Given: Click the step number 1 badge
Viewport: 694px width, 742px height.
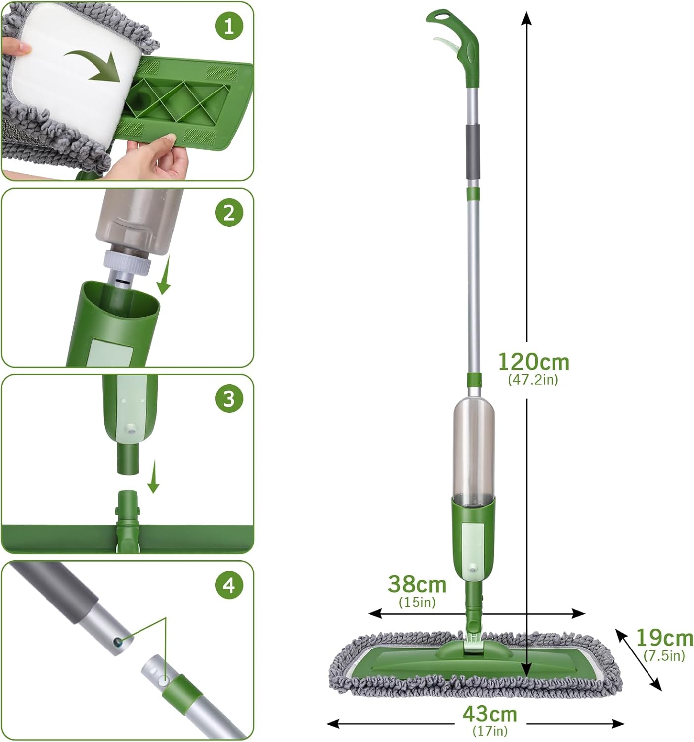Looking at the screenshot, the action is [x=229, y=26].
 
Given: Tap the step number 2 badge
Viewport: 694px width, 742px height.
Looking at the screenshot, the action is [x=229, y=213].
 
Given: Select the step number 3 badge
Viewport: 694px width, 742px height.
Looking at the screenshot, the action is [x=229, y=399].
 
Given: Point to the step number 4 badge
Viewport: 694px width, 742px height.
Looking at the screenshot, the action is [x=229, y=585].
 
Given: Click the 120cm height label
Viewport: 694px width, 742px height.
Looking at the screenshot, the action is [x=534, y=362].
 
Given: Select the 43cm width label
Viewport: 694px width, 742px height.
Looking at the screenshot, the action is [x=490, y=714].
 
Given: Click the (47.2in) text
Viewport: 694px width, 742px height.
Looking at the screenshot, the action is [x=533, y=379].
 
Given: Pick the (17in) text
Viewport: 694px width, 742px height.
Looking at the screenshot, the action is [x=490, y=730].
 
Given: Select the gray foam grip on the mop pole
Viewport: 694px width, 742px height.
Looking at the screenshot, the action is [x=472, y=153].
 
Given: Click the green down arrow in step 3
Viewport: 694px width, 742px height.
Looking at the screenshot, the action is [x=153, y=476].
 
